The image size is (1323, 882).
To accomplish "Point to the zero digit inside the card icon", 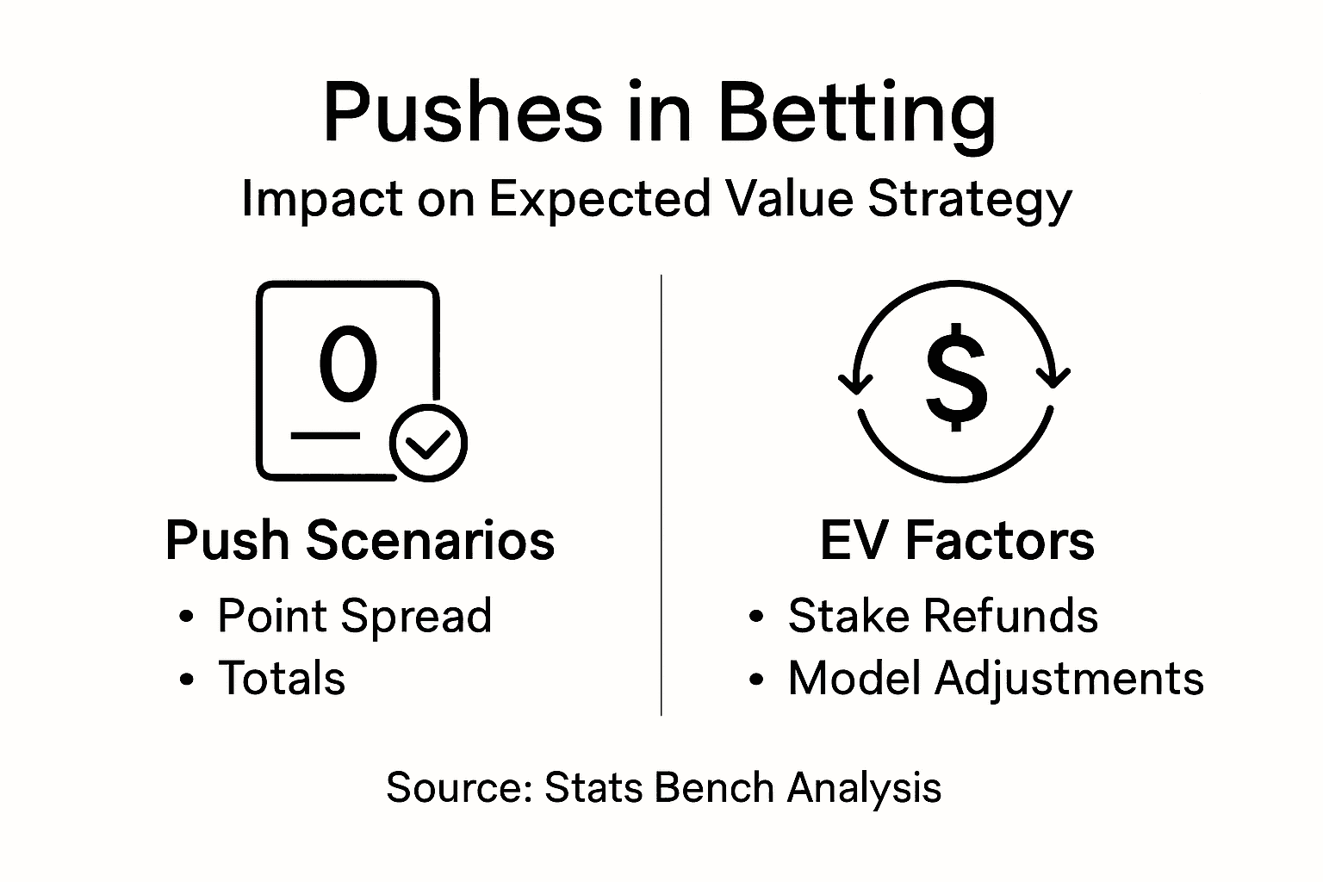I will tap(348, 364).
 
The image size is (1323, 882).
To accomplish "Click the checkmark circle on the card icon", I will tap(428, 442).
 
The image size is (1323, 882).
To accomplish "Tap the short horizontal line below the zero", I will tap(326, 436).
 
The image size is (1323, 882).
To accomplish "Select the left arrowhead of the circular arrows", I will tap(854, 380).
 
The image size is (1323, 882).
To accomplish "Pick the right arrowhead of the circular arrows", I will tap(1052, 376).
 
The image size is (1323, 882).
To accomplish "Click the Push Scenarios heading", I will tap(360, 541).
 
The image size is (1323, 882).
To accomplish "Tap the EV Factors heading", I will tap(956, 541).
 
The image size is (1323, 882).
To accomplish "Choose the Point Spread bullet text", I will tap(354, 616).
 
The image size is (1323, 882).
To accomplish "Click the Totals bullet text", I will tap(281, 678).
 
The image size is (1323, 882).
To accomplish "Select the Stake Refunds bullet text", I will tap(942, 616).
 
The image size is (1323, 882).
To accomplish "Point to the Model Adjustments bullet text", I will tap(995, 678).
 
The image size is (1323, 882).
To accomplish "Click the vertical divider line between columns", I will tap(661, 495).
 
